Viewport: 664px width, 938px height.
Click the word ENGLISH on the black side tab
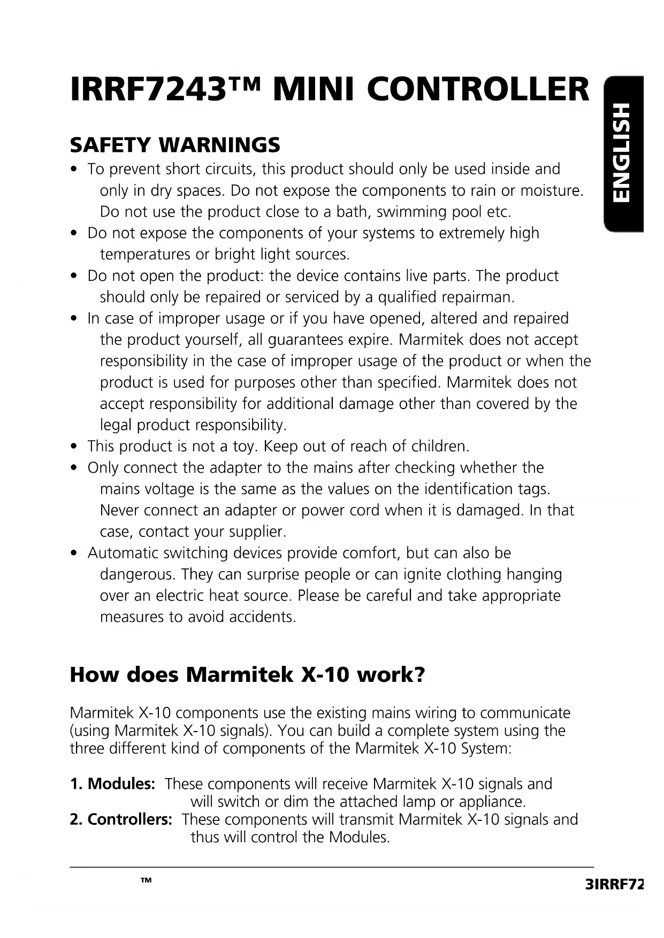pos(623,153)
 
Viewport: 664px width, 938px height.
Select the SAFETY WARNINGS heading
pos(175,144)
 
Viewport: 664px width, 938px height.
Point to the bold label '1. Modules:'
pos(112,784)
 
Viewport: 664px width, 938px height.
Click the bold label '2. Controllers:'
pos(121,819)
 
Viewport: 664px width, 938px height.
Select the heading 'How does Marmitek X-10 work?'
pos(247,675)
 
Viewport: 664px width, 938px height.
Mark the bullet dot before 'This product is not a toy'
pos(75,447)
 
